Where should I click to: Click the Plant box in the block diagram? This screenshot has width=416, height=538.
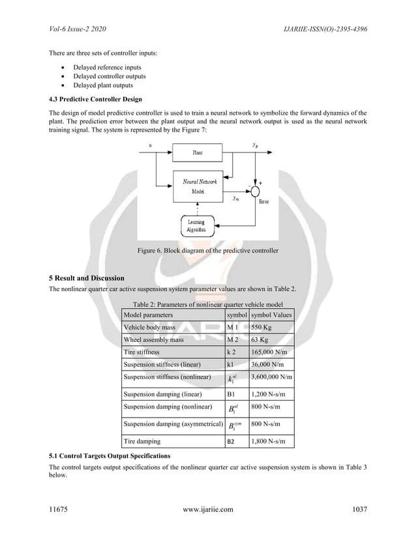coord(198,152)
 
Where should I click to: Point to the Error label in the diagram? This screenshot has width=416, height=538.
coord(264,203)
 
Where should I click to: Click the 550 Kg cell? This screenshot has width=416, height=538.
coord(271,328)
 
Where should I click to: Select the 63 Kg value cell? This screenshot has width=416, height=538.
coord(271,340)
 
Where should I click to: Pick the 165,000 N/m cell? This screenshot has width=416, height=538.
coord(271,352)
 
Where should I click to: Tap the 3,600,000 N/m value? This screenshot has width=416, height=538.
coord(271,377)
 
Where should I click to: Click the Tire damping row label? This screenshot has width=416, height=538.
coord(142,442)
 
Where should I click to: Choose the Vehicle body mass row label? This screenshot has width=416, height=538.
coord(149,328)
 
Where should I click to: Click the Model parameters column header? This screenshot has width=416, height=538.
coord(148,315)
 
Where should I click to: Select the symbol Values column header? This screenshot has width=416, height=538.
coord(271,315)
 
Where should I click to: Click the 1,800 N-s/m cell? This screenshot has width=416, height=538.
coord(271,442)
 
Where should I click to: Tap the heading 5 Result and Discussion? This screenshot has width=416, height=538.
coord(87,278)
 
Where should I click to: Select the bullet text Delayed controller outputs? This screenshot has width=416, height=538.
coord(109,76)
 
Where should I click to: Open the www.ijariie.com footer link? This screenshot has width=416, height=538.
coord(207,510)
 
